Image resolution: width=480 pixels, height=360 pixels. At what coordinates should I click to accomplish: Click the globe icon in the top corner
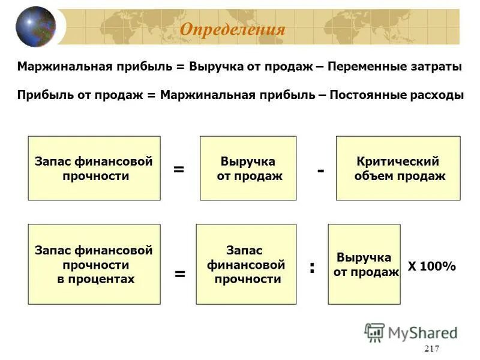coord(35,26)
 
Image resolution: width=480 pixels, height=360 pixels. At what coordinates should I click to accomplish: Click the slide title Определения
coord(232,29)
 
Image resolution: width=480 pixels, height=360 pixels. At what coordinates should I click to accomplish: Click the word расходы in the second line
coord(437,95)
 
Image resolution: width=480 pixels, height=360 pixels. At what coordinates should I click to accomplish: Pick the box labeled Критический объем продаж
coord(398,168)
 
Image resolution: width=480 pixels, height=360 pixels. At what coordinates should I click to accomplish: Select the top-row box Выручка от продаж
coord(248,168)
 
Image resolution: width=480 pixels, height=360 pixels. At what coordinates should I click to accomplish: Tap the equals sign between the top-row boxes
coord(179,169)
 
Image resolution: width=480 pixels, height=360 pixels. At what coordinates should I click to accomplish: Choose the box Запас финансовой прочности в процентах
coord(94,264)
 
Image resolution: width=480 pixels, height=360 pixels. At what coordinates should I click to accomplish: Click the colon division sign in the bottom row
coord(312,267)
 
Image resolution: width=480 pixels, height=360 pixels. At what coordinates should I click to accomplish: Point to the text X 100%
coord(432,266)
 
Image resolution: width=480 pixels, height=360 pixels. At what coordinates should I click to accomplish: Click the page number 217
coord(431,350)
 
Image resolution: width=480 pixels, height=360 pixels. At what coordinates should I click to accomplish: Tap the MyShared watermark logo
coord(410,332)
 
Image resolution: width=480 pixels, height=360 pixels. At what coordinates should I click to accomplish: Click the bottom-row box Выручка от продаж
coord(364,264)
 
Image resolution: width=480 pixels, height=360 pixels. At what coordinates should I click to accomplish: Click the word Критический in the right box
coord(398,161)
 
